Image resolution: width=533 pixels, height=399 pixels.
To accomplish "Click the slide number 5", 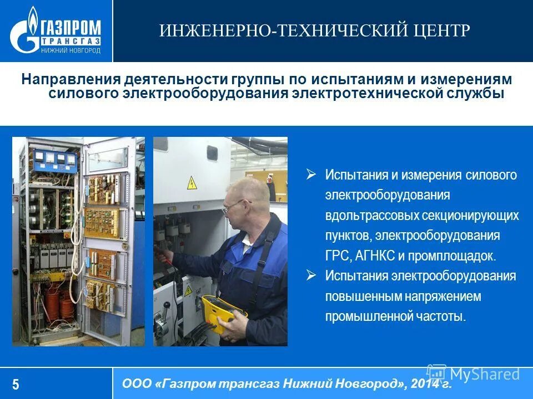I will pyautogui.click(x=16, y=385).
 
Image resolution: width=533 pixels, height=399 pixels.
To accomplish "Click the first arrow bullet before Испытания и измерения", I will pyautogui.click(x=311, y=175).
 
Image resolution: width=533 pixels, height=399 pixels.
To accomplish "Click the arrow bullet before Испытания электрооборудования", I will pyautogui.click(x=311, y=275).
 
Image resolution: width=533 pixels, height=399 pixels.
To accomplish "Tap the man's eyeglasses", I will pyautogui.click(x=233, y=206).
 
